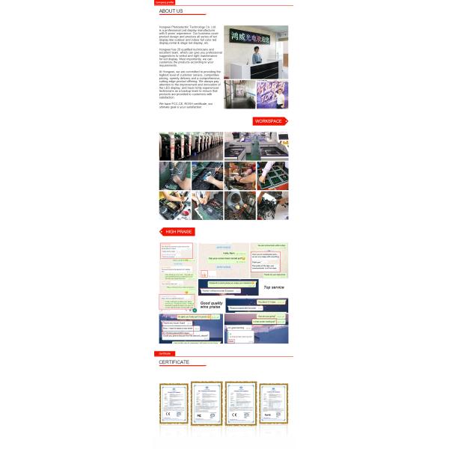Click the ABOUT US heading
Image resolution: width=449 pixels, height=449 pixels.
tap(171, 11)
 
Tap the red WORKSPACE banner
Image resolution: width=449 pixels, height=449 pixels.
tap(269, 121)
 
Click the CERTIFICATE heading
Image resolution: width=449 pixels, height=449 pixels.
tap(174, 362)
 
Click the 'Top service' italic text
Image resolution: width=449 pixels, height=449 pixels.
tap(274, 287)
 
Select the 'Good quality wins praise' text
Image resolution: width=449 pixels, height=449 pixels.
tap(213, 305)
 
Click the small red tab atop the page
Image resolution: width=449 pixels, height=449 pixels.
tap(165, 2)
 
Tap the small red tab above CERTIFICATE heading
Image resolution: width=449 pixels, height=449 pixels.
tap(164, 353)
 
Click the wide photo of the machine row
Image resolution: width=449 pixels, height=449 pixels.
tap(191, 146)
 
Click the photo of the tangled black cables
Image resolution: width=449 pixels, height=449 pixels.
tap(272, 205)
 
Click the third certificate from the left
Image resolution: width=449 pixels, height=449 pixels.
tap(241, 403)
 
